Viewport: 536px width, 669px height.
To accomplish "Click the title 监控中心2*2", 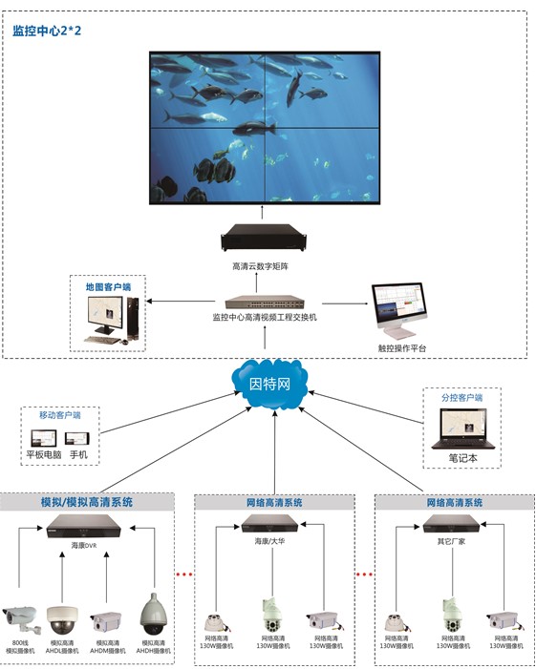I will click(48, 31).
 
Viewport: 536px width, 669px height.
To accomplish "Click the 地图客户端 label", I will click(108, 286).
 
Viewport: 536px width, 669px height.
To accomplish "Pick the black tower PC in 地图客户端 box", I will click(132, 318).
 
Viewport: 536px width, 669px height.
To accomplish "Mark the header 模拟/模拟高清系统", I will click(87, 502).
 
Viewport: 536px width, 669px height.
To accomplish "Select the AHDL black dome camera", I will click(62, 619).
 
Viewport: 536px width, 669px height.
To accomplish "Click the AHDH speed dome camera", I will click(152, 615).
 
